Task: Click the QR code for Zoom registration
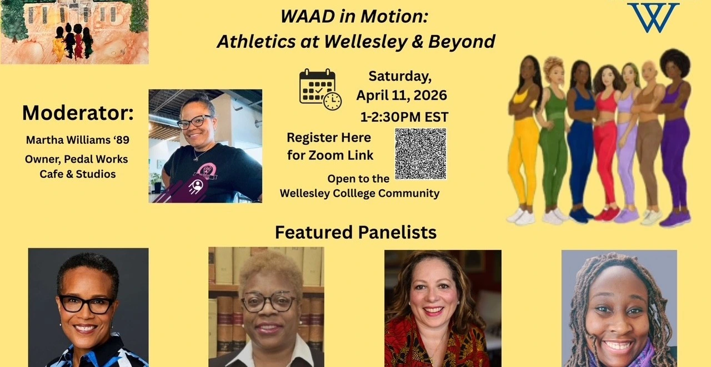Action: coord(420,154)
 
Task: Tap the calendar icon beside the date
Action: coord(320,89)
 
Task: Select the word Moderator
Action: coord(78,113)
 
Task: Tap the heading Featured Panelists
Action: coord(355,232)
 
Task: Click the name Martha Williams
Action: coord(68,140)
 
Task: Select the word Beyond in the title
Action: coord(462,42)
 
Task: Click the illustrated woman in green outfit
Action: coord(554,139)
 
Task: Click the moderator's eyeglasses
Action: coord(194,122)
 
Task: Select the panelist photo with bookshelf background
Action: coord(266,307)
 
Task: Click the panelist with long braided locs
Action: coord(619,308)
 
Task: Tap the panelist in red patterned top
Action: coord(443,308)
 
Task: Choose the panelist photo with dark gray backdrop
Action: coord(88,308)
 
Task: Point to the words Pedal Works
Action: coord(96,159)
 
